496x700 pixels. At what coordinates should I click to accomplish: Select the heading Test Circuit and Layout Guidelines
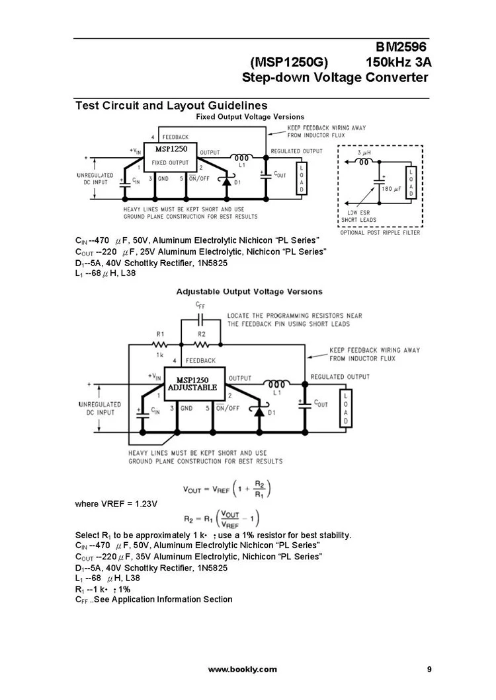(171, 106)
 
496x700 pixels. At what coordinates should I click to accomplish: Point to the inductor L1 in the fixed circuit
(241, 157)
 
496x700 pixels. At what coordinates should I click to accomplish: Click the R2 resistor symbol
(202, 344)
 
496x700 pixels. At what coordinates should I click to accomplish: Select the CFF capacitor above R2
(201, 316)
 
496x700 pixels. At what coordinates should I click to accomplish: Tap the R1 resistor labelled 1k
(159, 344)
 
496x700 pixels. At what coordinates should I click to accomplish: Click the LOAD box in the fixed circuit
(302, 178)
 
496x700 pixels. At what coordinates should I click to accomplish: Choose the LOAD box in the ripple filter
(411, 182)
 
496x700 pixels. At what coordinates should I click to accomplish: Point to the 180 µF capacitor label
(392, 189)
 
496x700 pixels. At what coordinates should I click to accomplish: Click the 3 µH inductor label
(364, 153)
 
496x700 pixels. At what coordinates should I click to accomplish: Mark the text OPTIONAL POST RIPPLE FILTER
(380, 233)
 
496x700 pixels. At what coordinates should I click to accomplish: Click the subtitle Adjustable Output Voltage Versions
(249, 291)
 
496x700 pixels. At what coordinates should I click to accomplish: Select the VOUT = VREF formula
(227, 489)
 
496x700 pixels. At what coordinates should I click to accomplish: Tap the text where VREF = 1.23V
(116, 505)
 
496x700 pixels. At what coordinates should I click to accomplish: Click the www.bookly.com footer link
(243, 670)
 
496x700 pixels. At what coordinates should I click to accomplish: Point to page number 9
(429, 670)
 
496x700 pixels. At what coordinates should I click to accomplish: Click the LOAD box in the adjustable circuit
(344, 409)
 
